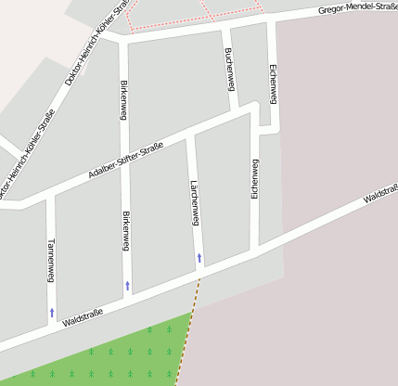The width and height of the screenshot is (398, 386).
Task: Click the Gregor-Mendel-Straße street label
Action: pos(357,8)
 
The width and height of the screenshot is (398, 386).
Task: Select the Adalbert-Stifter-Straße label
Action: pos(125,161)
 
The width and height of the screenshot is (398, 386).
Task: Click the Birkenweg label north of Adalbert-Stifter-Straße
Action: pos(124,99)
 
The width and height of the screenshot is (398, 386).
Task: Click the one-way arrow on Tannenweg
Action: pos(52,313)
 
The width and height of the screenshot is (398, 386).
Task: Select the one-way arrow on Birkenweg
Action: pos(128,284)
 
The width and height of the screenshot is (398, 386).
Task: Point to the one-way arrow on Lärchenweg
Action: pos(199,257)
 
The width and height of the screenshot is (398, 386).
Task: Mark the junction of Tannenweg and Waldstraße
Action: pos(52,328)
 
